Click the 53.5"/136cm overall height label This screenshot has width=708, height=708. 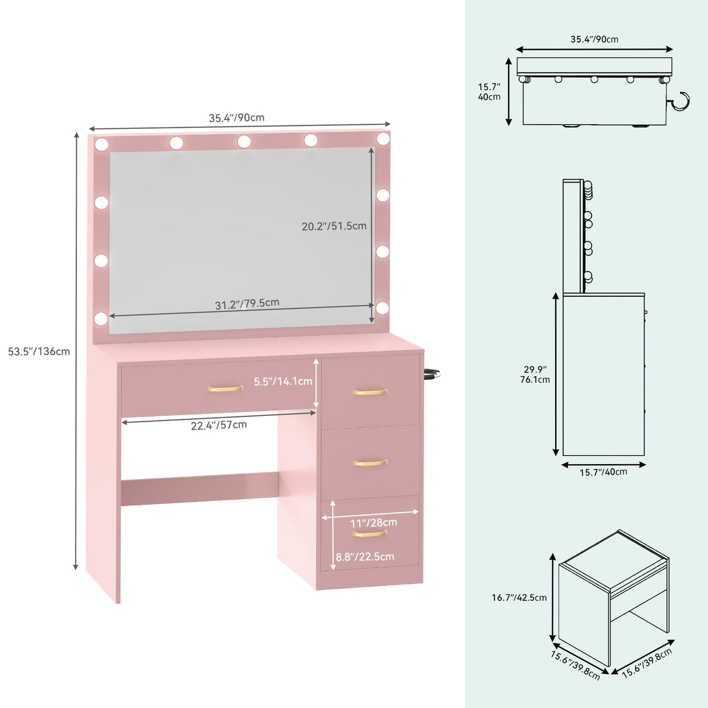click(39, 352)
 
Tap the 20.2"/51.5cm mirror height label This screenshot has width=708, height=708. click(334, 226)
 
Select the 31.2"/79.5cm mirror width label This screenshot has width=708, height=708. click(247, 304)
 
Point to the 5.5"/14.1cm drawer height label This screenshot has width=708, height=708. click(283, 381)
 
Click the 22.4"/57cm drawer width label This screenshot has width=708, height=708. click(219, 425)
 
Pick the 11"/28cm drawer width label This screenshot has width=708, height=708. click(373, 523)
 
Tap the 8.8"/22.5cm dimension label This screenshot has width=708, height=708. click(364, 557)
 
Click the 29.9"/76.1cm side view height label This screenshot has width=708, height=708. click(535, 374)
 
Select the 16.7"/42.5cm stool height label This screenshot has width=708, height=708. click(519, 597)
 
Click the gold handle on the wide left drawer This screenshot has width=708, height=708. click(225, 388)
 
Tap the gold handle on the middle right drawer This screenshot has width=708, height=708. click(370, 463)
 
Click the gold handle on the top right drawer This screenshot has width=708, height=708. click(370, 392)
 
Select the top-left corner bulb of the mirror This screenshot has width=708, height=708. click(101, 143)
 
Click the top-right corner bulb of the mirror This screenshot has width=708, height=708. click(383, 138)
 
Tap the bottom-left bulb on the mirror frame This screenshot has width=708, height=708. click(101, 318)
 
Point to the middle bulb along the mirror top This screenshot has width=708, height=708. click(244, 141)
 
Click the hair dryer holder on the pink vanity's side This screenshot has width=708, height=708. click(432, 374)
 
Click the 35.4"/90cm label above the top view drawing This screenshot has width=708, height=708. click(594, 40)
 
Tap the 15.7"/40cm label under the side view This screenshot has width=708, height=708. click(603, 472)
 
